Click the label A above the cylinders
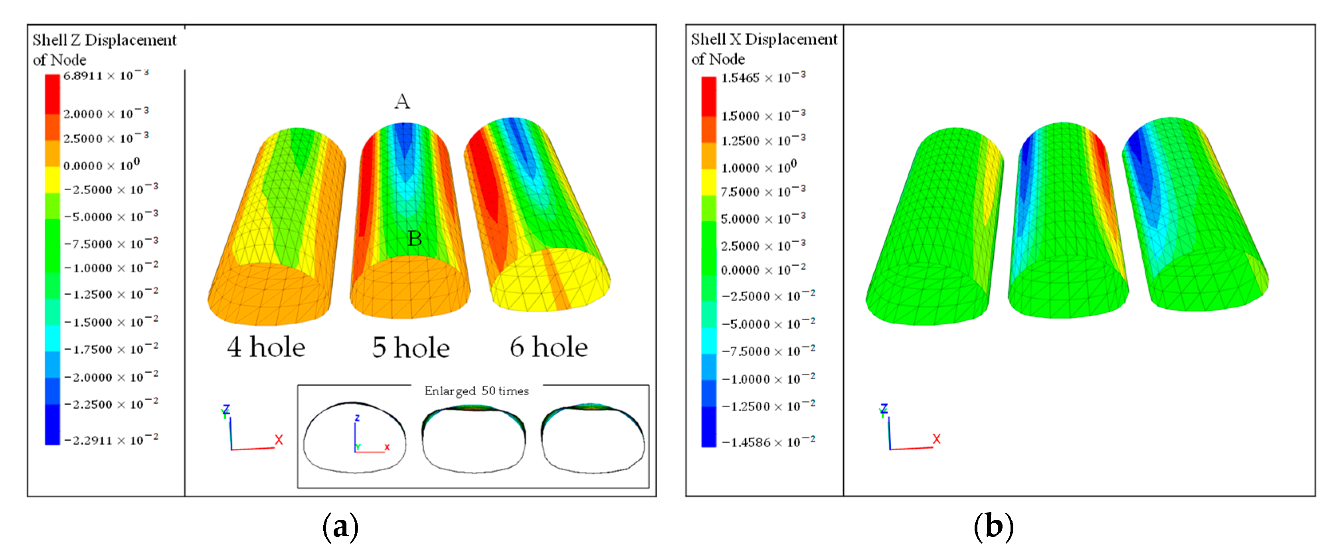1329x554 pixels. coord(402,102)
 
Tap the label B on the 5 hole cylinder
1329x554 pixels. coord(414,239)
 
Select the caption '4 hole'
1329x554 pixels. coord(266,347)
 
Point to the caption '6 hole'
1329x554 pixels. coord(548,347)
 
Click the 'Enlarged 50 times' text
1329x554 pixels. coord(476,391)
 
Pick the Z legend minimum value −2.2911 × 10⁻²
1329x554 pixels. coord(111,440)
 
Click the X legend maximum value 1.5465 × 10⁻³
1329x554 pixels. coord(763,78)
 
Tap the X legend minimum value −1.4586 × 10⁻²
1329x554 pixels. coord(768,442)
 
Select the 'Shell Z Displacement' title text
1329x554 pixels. coord(104,40)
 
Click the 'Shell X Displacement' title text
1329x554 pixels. coord(764,39)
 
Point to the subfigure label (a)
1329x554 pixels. coord(340,526)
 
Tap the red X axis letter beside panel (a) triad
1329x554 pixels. coord(279,440)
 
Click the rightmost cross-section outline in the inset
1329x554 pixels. coord(593,439)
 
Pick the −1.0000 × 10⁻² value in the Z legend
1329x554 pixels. coord(111,268)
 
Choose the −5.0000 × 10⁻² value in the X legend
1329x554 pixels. coord(768,324)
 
